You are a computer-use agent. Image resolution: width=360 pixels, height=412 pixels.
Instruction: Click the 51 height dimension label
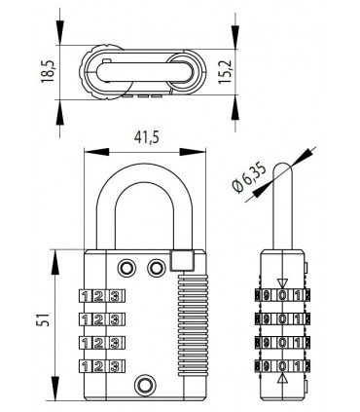[x=42, y=321]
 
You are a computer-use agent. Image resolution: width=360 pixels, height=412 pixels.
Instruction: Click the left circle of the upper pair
[x=126, y=267]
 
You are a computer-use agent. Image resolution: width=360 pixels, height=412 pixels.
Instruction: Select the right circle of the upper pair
[x=156, y=267]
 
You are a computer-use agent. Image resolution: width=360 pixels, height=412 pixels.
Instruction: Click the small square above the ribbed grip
[x=178, y=262]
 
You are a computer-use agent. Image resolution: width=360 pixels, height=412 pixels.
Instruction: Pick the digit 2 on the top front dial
[x=100, y=296]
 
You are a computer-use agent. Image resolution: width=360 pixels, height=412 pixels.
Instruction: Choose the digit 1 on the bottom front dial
[x=86, y=365]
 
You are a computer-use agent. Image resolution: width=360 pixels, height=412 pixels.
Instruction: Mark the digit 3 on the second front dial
[x=115, y=318]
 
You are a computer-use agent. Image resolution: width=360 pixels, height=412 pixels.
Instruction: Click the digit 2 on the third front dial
[x=100, y=342]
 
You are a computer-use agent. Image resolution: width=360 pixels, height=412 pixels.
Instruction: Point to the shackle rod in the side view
[x=281, y=205]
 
